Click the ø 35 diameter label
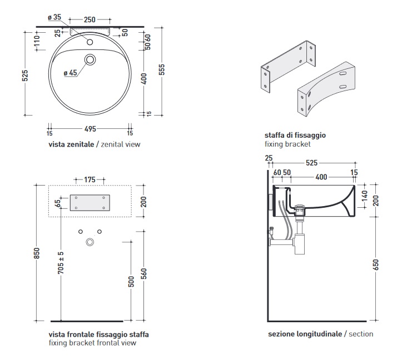tap(54, 17)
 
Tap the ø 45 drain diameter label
tap(70, 73)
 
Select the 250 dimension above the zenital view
tap(90, 19)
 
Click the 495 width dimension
tap(90, 129)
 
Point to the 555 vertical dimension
tap(162, 69)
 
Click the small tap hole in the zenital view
tap(90, 42)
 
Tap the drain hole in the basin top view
tap(90, 59)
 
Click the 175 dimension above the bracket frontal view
tap(90, 179)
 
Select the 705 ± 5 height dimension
tap(61, 263)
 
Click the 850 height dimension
tap(37, 253)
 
